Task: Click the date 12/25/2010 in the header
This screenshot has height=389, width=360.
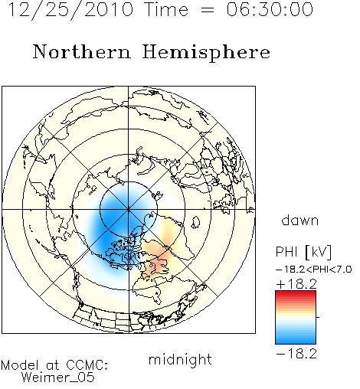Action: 70,10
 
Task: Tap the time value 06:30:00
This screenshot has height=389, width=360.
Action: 270,9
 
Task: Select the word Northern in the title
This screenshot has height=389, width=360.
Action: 82,51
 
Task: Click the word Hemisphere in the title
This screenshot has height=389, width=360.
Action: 206,53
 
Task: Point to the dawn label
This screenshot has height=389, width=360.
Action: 300,221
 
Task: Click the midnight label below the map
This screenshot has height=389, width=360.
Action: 180,360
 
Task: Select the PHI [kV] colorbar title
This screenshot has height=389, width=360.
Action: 304,252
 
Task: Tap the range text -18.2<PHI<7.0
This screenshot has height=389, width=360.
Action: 314,270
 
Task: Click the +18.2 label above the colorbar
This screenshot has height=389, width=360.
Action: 296,284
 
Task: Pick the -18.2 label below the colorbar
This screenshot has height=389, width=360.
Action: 296,354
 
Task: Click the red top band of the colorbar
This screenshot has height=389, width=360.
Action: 296,294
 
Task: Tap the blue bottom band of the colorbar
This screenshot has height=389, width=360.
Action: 296,341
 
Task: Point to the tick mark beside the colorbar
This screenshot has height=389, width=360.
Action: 318,317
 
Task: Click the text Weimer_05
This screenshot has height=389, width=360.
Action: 57,378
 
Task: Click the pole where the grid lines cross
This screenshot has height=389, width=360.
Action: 129,210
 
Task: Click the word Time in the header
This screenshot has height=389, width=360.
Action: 166,9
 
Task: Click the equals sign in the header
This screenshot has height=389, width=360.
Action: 207,10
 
